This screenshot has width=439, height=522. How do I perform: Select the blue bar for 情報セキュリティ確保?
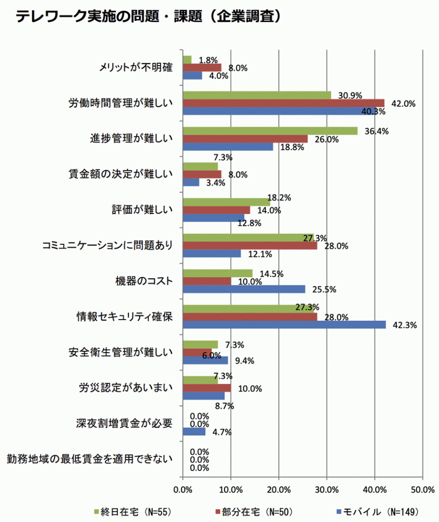pyautogui.click(x=284, y=325)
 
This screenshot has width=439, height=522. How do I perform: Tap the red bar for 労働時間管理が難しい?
pyautogui.click(x=283, y=103)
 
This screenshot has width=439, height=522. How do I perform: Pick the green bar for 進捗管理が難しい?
pyautogui.click(x=270, y=131)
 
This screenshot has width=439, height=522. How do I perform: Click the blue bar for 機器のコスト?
pyautogui.click(x=244, y=289)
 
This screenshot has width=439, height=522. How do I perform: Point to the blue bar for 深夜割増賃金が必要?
pyautogui.click(x=194, y=432)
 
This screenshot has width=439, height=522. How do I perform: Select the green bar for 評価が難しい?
pyautogui.click(x=226, y=202)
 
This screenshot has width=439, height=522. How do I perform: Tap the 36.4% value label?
pyautogui.click(x=377, y=131)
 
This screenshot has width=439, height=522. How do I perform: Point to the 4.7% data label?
pyautogui.click(x=222, y=432)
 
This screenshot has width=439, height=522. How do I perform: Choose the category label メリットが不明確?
pyautogui.click(x=135, y=68)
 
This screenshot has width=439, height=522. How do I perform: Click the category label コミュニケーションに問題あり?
pyautogui.click(x=106, y=246)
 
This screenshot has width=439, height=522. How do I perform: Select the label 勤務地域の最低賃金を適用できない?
pyautogui.click(x=90, y=459)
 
